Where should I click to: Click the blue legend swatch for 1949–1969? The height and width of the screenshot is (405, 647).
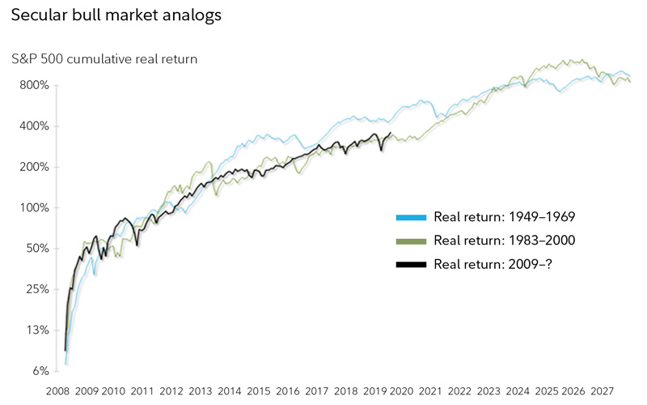411,217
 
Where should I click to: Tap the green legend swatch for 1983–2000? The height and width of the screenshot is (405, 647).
411,240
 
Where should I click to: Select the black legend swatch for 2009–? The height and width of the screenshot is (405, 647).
411,263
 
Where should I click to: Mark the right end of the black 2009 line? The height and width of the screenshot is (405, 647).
391,133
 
